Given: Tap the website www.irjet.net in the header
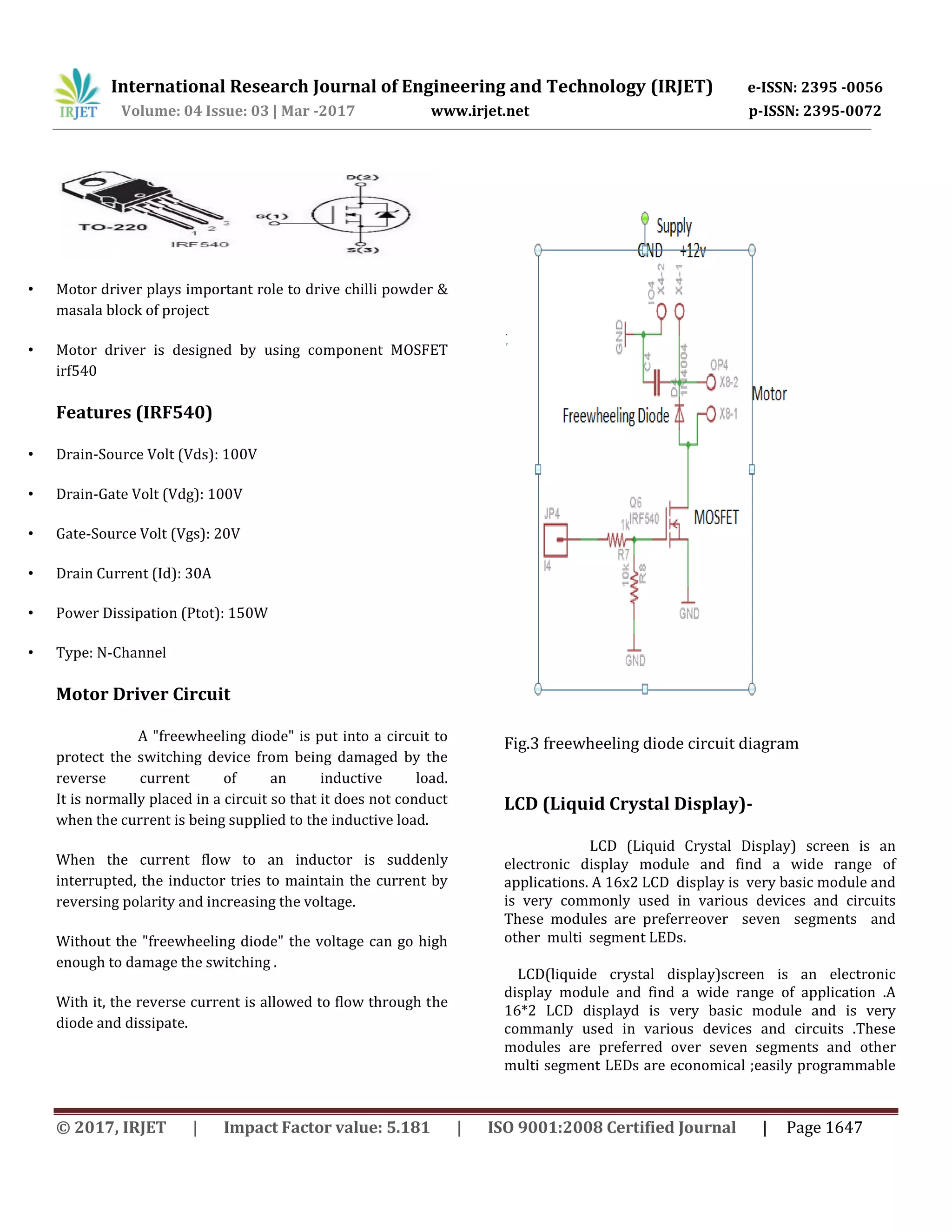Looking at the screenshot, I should tap(480, 111).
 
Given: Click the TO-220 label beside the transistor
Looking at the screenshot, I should tap(113, 227).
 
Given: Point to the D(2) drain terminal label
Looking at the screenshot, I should tap(362, 178).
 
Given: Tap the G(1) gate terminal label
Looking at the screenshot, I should tap(272, 216).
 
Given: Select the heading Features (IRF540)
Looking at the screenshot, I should tap(134, 412).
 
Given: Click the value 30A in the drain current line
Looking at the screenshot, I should tap(198, 574).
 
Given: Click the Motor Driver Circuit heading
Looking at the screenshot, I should tap(143, 694).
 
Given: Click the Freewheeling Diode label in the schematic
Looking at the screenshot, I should tap(615, 416).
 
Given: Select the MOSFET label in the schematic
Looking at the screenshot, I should tap(716, 517).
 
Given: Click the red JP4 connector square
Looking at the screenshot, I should tap(555, 540).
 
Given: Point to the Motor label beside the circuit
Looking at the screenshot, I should tap(769, 394).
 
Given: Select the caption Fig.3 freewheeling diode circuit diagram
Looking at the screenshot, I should tap(651, 743).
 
